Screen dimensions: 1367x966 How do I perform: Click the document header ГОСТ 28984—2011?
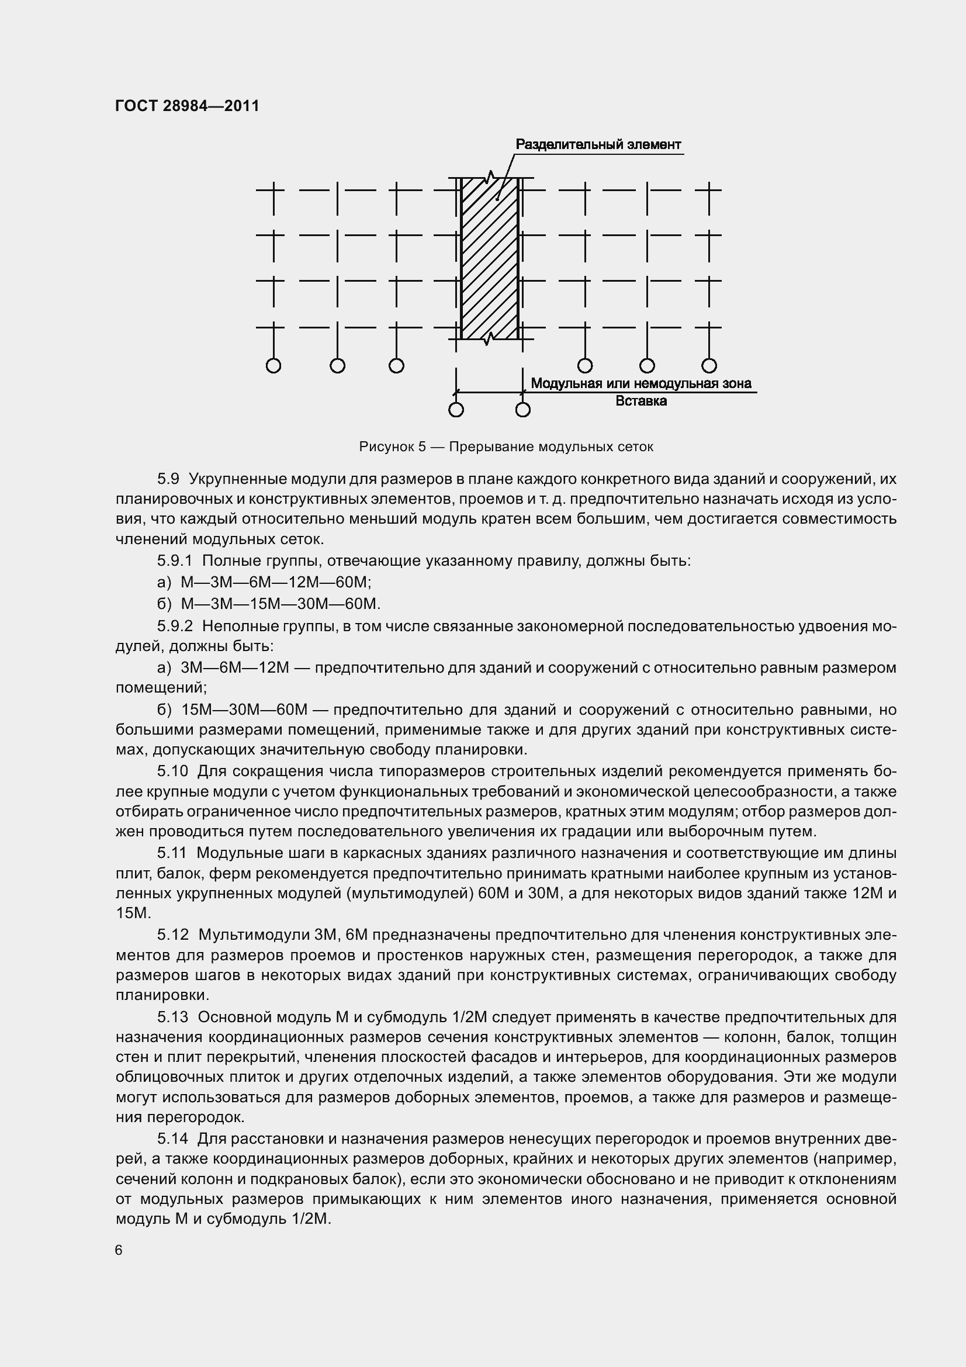coord(187,106)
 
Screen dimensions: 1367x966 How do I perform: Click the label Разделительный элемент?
coord(598,145)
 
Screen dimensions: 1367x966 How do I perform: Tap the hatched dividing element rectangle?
coord(489,259)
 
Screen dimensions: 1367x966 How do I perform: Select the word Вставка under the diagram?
coord(640,401)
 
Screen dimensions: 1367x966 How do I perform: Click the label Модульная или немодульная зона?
coord(640,383)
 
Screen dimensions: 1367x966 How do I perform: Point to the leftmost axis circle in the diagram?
coord(273,365)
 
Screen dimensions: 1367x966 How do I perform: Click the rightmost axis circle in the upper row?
coord(708,365)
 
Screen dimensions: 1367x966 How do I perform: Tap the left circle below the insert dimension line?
coord(456,410)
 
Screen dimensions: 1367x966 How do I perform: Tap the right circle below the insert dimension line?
coord(522,410)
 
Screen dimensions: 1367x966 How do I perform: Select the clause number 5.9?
coord(168,479)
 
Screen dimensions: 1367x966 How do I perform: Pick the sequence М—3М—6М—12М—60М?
coord(276,582)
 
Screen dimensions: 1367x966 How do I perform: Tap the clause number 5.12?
coord(172,935)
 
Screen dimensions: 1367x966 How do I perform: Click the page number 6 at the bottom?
coord(119,1250)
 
